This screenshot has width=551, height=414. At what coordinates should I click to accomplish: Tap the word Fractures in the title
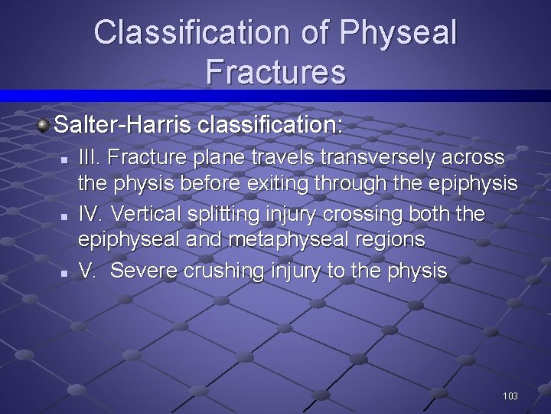(x=275, y=72)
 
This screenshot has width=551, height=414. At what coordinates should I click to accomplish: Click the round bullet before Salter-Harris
(x=45, y=123)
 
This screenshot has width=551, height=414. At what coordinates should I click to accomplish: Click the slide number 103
(x=510, y=396)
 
